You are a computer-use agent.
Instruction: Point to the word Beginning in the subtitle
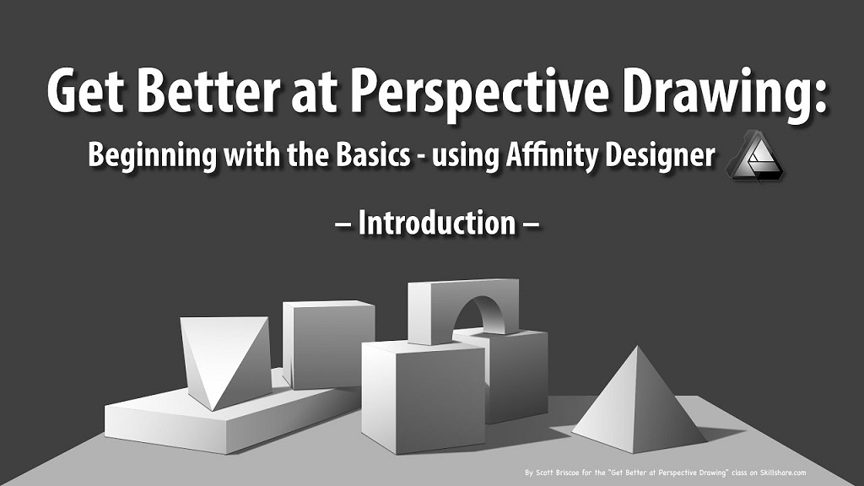(x=153, y=156)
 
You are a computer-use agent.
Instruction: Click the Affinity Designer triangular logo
(x=756, y=158)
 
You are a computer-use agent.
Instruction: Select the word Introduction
(x=437, y=223)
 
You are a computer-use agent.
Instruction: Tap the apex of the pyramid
(x=638, y=346)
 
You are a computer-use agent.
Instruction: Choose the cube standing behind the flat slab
(x=328, y=344)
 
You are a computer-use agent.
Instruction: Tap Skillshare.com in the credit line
(x=783, y=472)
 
